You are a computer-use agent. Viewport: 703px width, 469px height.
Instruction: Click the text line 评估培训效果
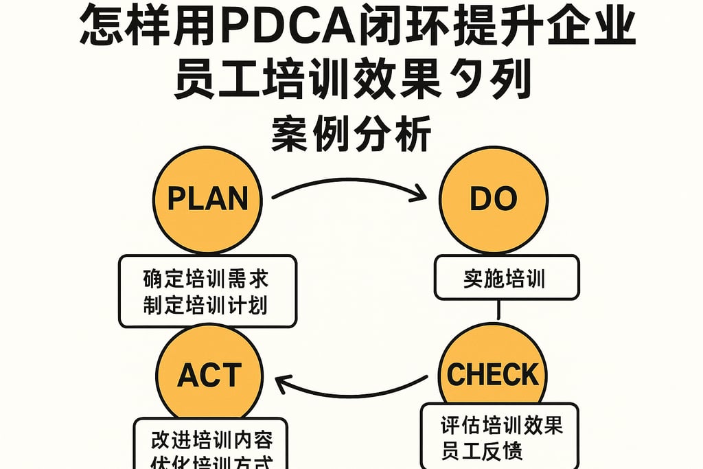(x=502, y=426)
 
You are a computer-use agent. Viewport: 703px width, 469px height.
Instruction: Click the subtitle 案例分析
(x=351, y=133)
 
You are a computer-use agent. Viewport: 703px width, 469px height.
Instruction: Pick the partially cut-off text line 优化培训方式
(x=211, y=462)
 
